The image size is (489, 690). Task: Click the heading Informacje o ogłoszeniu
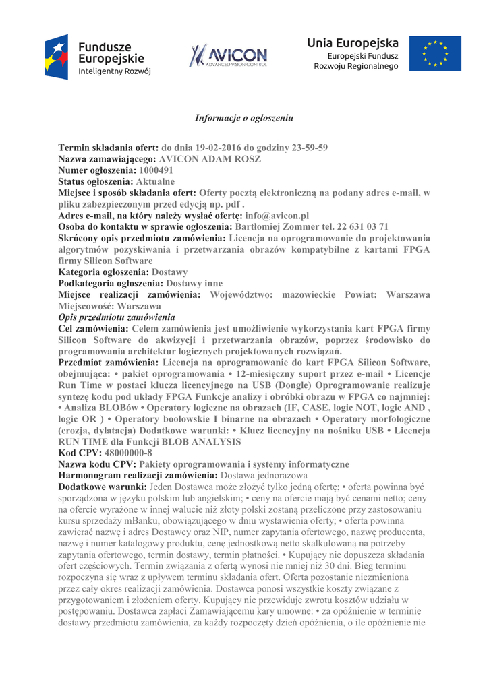pos(244,118)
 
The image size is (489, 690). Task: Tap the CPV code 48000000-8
pos(129,453)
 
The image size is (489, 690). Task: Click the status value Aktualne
pos(155,182)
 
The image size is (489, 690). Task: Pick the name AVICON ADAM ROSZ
pos(210,159)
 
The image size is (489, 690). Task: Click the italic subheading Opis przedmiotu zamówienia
pos(117,317)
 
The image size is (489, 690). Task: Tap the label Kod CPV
pos(82,453)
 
